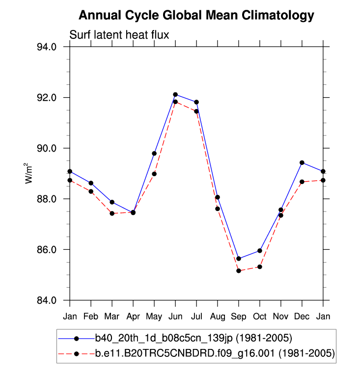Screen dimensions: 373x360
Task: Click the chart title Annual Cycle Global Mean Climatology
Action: point(196,15)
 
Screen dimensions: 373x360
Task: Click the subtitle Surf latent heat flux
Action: point(119,34)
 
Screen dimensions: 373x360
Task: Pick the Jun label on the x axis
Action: point(175,316)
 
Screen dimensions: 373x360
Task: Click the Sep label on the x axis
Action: point(239,316)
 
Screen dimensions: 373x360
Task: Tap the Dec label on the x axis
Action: point(302,316)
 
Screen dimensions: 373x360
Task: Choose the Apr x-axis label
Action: point(133,316)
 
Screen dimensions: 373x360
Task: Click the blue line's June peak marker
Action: point(175,94)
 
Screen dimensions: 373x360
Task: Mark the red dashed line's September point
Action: point(239,271)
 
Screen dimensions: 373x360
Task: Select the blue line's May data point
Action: point(154,154)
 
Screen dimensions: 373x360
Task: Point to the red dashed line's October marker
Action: point(260,266)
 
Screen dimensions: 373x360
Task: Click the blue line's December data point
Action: point(302,162)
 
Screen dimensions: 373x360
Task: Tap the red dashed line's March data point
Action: point(112,213)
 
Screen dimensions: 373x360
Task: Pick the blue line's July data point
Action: point(196,102)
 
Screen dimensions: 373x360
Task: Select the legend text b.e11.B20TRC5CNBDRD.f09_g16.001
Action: point(215,353)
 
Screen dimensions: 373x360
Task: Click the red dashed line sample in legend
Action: point(76,353)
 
